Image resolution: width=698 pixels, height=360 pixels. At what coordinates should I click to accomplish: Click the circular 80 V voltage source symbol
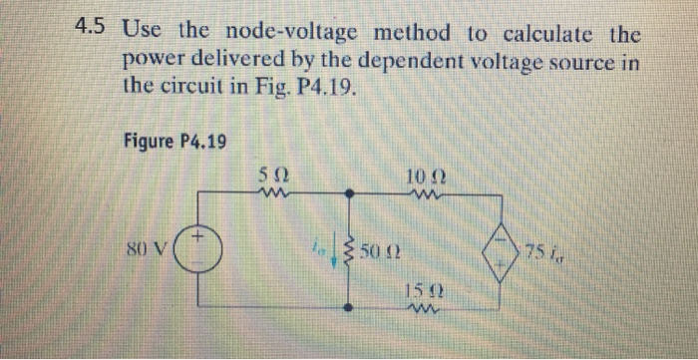[x=200, y=245]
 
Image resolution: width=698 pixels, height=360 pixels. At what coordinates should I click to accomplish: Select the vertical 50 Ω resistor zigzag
[x=349, y=247]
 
